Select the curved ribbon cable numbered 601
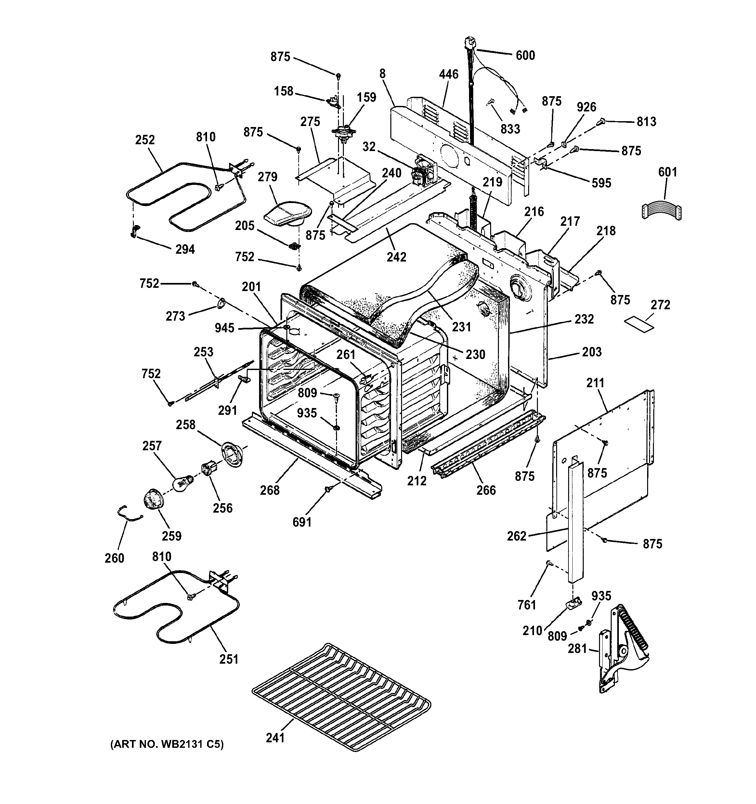pyautogui.click(x=661, y=210)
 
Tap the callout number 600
pyautogui.click(x=525, y=56)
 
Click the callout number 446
pyautogui.click(x=449, y=74)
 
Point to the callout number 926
pyautogui.click(x=586, y=107)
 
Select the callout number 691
pyautogui.click(x=302, y=522)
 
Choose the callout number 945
pyautogui.click(x=224, y=328)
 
